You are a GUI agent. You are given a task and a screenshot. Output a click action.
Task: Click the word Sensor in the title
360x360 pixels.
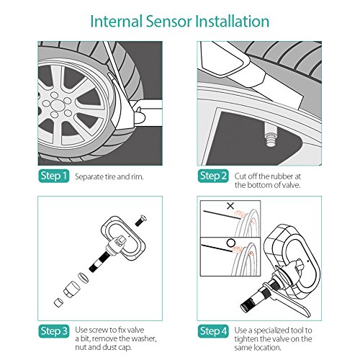click(x=168, y=21)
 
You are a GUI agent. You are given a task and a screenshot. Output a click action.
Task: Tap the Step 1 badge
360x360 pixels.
click(x=54, y=176)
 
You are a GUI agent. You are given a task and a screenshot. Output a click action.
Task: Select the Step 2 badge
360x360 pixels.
click(x=213, y=176)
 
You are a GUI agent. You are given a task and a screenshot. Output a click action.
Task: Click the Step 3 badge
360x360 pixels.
click(x=54, y=331)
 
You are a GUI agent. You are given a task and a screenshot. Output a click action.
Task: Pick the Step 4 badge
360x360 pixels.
click(x=213, y=331)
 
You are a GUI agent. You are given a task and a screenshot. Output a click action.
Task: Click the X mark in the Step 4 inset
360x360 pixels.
click(x=230, y=206)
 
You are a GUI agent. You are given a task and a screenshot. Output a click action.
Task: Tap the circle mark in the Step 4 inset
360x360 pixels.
click(x=231, y=243)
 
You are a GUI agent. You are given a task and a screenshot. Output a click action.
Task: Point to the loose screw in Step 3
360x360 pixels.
click(x=141, y=220)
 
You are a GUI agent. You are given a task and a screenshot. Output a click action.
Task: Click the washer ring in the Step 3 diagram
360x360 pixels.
click(x=84, y=278)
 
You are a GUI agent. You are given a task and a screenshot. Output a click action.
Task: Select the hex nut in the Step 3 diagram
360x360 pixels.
click(x=71, y=289)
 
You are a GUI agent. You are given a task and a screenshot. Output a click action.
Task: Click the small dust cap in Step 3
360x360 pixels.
click(x=58, y=302)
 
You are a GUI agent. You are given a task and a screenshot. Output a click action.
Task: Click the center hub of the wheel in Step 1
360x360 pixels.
click(x=57, y=105)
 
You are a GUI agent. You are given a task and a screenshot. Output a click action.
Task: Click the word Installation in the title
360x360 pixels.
click(x=233, y=21)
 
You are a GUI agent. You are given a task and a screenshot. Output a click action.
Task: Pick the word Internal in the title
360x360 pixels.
click(x=117, y=21)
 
